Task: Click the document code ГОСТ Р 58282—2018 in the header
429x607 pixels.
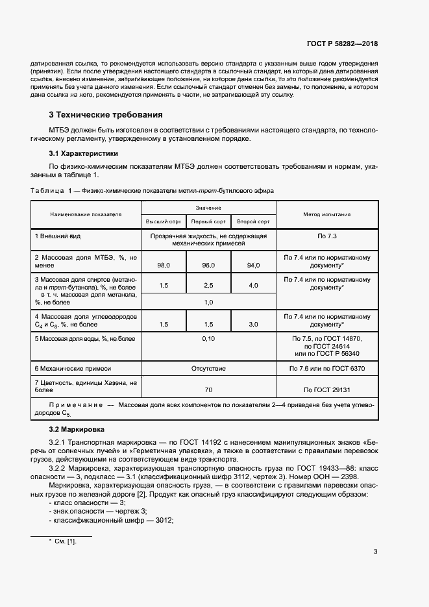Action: pyautogui.click(x=342, y=43)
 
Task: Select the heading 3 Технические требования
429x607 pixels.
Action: pyautogui.click(x=106, y=115)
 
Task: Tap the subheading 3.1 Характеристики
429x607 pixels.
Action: pyautogui.click(x=84, y=154)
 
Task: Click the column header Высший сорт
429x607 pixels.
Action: pyautogui.click(x=164, y=222)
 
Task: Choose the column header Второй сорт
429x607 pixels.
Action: pyautogui.click(x=253, y=222)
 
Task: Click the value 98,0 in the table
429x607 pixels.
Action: pyautogui.click(x=164, y=265)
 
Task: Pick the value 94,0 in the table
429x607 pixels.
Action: pyautogui.click(x=253, y=265)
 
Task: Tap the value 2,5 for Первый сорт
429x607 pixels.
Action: pyautogui.click(x=208, y=286)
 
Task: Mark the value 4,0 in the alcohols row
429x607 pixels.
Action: pyautogui.click(x=253, y=286)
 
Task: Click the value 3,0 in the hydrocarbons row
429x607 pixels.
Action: pyautogui.click(x=253, y=324)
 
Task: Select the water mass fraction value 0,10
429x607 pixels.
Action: pyautogui.click(x=208, y=338)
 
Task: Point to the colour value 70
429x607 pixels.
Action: pyautogui.click(x=208, y=390)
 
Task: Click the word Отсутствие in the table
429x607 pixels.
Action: pyautogui.click(x=208, y=368)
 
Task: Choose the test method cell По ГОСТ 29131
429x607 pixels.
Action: pyautogui.click(x=327, y=390)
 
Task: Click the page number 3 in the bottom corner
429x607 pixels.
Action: pyautogui.click(x=376, y=552)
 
